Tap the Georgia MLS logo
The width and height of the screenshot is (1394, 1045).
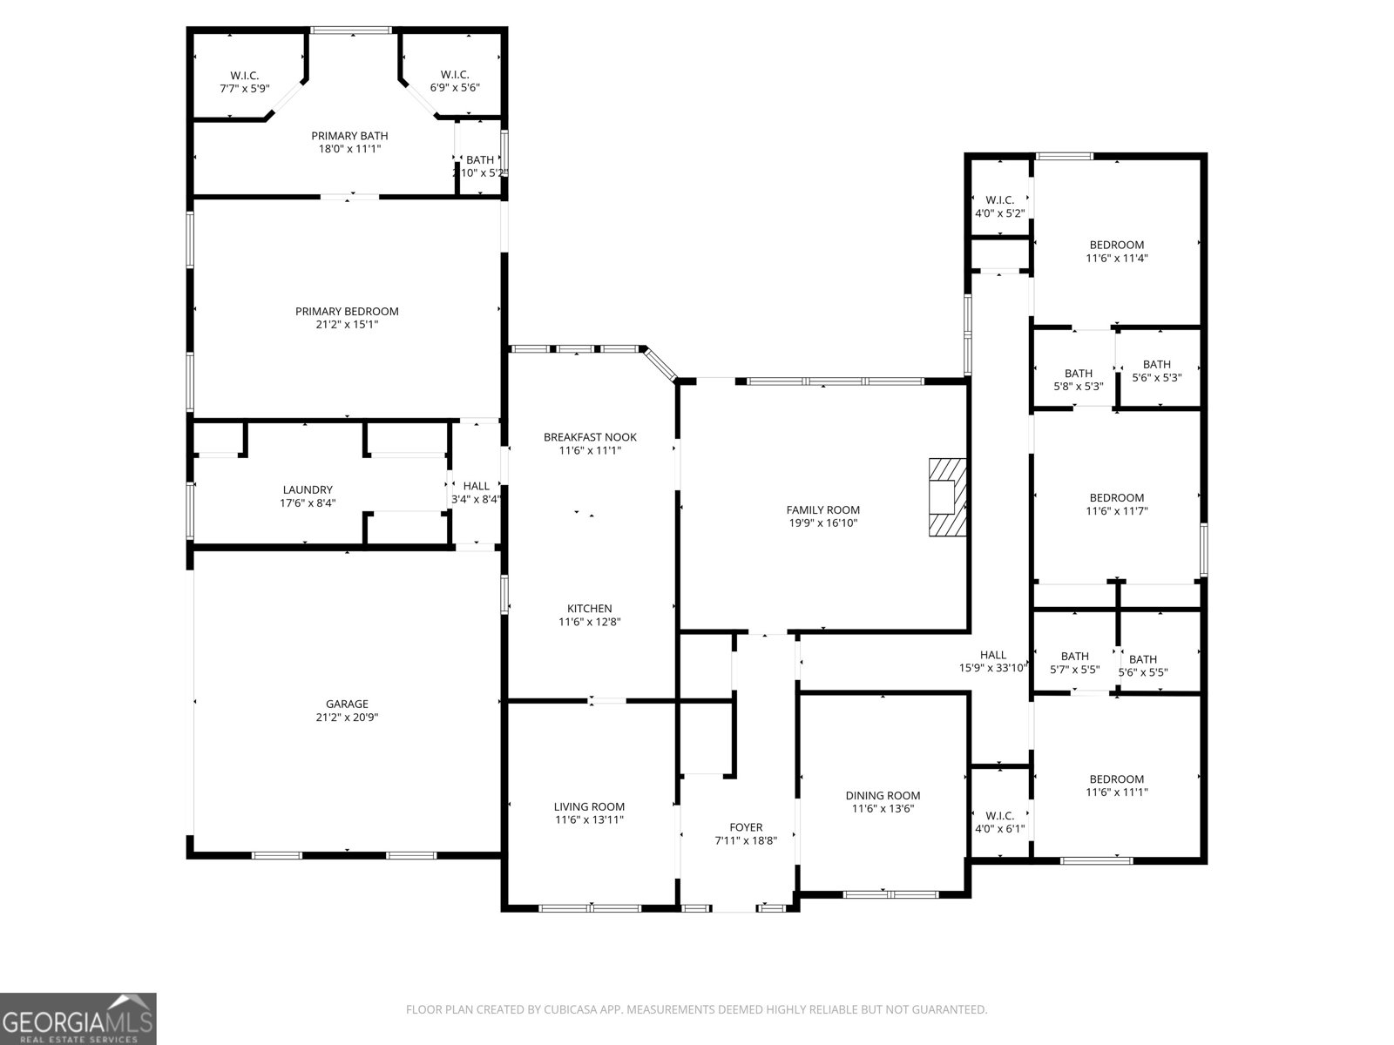click(78, 1018)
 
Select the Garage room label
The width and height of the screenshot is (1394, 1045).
click(347, 704)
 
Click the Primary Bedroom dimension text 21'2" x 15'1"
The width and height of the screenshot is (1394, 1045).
click(347, 324)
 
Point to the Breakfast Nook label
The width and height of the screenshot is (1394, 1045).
click(590, 437)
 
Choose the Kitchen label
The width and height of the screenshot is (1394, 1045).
click(590, 609)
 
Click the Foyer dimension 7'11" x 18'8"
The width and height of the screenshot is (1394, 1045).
click(745, 840)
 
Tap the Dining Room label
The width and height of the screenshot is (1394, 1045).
click(883, 795)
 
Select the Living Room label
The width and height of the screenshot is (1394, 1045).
click(589, 806)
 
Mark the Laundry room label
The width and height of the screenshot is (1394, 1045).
click(308, 490)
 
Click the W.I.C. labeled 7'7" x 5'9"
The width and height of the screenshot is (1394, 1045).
click(244, 82)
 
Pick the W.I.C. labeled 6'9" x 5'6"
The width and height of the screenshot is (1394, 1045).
click(455, 81)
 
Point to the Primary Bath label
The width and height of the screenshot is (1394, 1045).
click(349, 136)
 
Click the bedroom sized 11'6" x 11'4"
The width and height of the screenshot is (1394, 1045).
click(1116, 251)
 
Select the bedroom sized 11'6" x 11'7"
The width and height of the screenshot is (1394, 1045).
click(1116, 504)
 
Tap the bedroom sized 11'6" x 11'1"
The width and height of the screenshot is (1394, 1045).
click(1116, 785)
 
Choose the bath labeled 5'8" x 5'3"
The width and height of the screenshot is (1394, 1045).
click(1078, 380)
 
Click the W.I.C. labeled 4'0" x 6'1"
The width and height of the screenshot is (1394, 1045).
click(999, 822)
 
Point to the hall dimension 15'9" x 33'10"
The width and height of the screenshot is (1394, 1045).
click(993, 668)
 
